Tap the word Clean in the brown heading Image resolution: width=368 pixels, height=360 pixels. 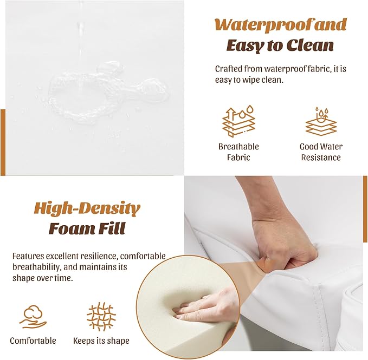(310, 45)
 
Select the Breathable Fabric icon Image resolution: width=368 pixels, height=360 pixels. (238, 121)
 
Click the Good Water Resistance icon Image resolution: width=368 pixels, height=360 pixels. (321, 121)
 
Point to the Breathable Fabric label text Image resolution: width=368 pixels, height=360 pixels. (238, 152)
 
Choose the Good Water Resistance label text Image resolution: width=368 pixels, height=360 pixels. (321, 152)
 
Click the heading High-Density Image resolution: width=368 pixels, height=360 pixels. (87, 208)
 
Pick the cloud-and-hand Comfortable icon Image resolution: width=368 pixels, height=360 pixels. (33, 316)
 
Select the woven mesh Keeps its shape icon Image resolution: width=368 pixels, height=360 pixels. (101, 317)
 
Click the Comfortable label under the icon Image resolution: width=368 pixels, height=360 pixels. (33, 341)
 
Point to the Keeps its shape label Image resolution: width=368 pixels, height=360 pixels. (101, 341)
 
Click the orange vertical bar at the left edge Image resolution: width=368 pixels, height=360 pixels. (3, 142)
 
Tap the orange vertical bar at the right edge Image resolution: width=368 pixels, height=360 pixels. (365, 210)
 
